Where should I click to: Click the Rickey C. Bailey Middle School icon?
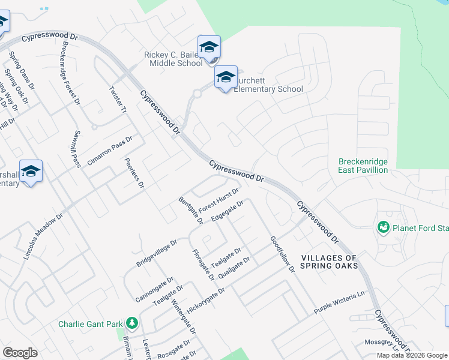click(x=209, y=47)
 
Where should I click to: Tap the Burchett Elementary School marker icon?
click(x=226, y=77)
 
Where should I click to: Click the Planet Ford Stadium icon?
click(x=383, y=227)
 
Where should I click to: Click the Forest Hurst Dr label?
click(x=219, y=199)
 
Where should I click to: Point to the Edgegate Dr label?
click(x=228, y=211)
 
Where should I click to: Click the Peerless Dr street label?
click(x=134, y=173)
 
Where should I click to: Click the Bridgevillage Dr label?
click(x=157, y=253)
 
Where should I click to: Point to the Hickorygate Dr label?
click(x=205, y=298)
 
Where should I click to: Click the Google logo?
click(x=20, y=353)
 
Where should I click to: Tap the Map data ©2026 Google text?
click(x=412, y=355)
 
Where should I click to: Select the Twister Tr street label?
click(x=118, y=100)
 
